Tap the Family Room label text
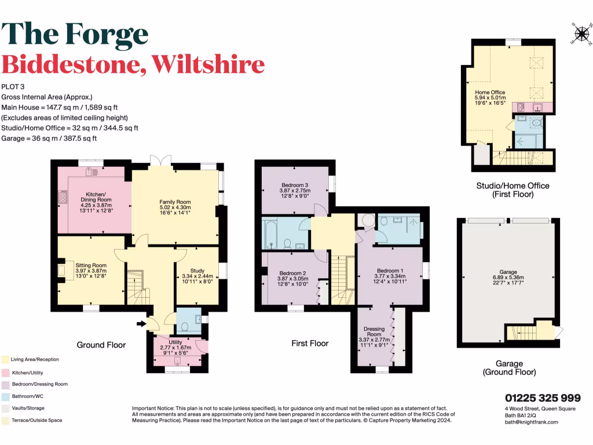click(175, 202)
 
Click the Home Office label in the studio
click(490, 92)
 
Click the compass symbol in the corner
click(580, 35)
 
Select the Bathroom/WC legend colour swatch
click(5, 396)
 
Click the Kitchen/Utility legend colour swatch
click(5, 373)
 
